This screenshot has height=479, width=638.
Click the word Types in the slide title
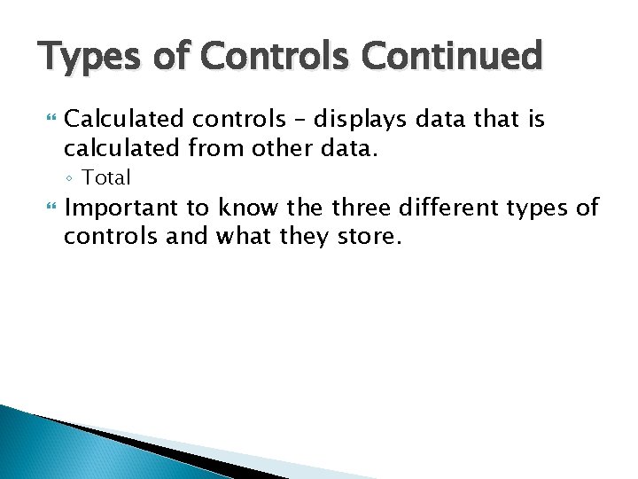[x=82, y=58]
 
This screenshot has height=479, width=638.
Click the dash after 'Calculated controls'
[x=286, y=120]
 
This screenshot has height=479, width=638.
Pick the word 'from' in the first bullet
[x=233, y=148]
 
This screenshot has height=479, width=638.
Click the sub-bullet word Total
[x=106, y=177]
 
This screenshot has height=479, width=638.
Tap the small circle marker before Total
[x=72, y=178]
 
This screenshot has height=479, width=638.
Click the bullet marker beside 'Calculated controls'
[x=49, y=119]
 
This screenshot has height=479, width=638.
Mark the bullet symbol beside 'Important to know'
[x=49, y=208]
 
